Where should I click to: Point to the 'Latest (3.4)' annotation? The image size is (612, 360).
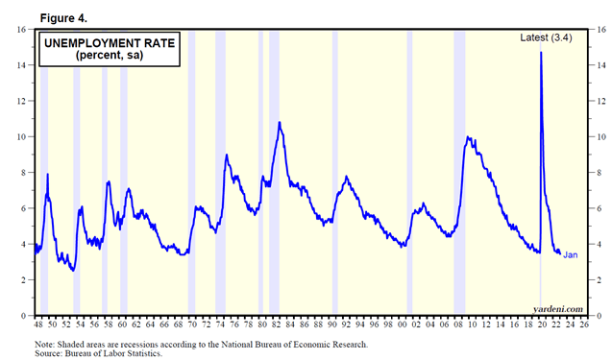point(548,37)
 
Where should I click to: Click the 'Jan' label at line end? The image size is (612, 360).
point(570,254)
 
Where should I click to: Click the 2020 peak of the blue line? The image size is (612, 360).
point(541,53)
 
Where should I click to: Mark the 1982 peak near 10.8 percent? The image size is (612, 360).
point(280,123)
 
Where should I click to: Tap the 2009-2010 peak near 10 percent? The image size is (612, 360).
point(468,137)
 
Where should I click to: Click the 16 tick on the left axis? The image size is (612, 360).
point(21,30)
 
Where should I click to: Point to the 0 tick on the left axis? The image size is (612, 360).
point(24,316)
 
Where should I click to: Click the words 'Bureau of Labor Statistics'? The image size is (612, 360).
point(114,352)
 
